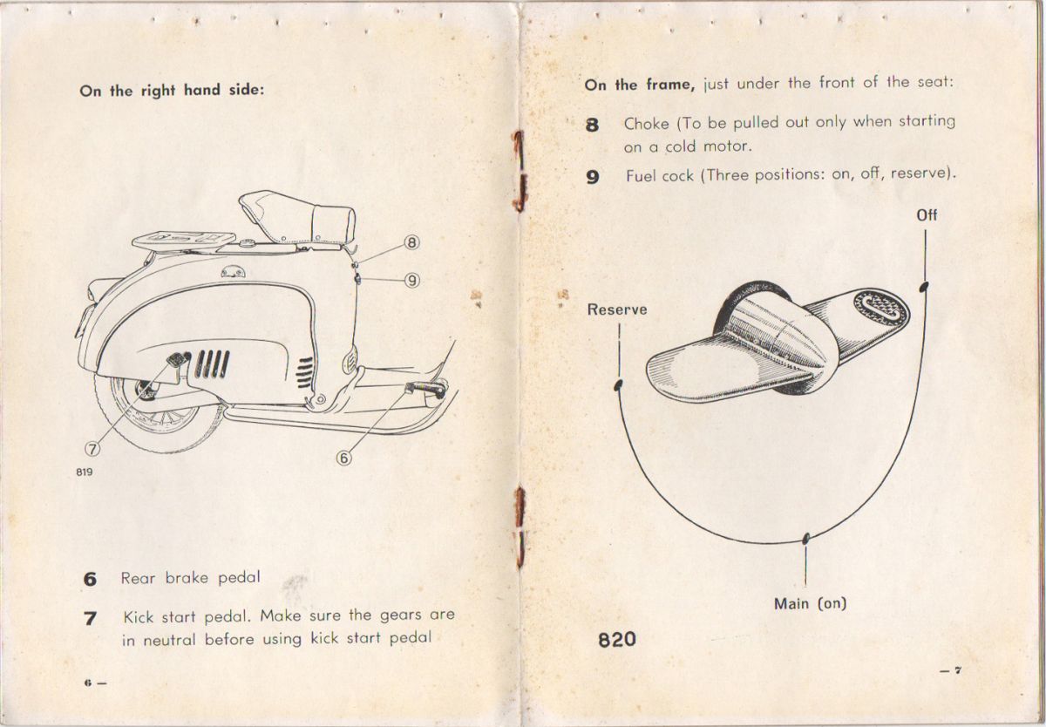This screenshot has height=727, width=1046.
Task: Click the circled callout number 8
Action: click(x=411, y=243)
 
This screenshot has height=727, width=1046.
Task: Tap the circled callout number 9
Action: click(x=411, y=280)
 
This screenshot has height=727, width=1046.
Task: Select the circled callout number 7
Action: click(x=92, y=449)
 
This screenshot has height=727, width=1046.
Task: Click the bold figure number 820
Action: click(x=617, y=639)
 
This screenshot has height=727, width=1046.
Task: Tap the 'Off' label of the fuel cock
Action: click(x=927, y=214)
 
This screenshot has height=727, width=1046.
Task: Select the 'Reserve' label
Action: click(x=617, y=309)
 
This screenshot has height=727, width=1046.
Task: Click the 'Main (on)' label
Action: click(x=810, y=602)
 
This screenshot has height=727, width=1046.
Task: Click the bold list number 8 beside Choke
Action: click(x=594, y=125)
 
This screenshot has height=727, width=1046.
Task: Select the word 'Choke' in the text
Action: click(x=646, y=124)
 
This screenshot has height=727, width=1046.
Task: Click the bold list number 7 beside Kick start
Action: click(x=90, y=618)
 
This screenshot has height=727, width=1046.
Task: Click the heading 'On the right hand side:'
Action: click(x=172, y=90)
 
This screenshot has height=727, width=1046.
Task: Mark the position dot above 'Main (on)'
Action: click(x=807, y=535)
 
